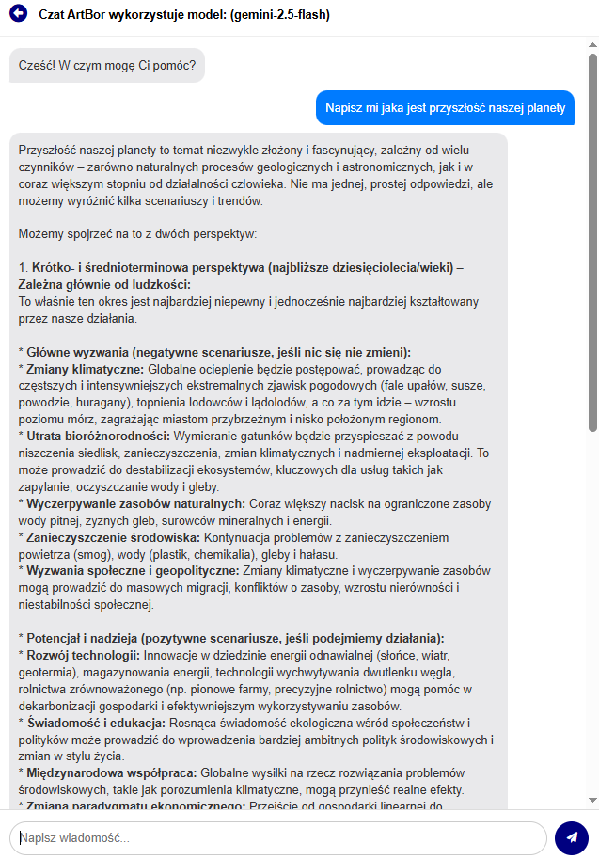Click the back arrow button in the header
coord(18,15)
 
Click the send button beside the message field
coord(571,837)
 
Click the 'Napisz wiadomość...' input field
coord(277,837)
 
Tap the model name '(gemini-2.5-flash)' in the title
coord(279,15)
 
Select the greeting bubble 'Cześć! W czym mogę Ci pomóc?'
coord(107,65)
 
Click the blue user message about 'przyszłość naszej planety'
coord(444,107)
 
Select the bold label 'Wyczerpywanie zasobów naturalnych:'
coord(134,503)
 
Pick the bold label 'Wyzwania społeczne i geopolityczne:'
coord(133,570)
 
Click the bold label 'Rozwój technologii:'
coord(83,655)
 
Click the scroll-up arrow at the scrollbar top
coord(592,44)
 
